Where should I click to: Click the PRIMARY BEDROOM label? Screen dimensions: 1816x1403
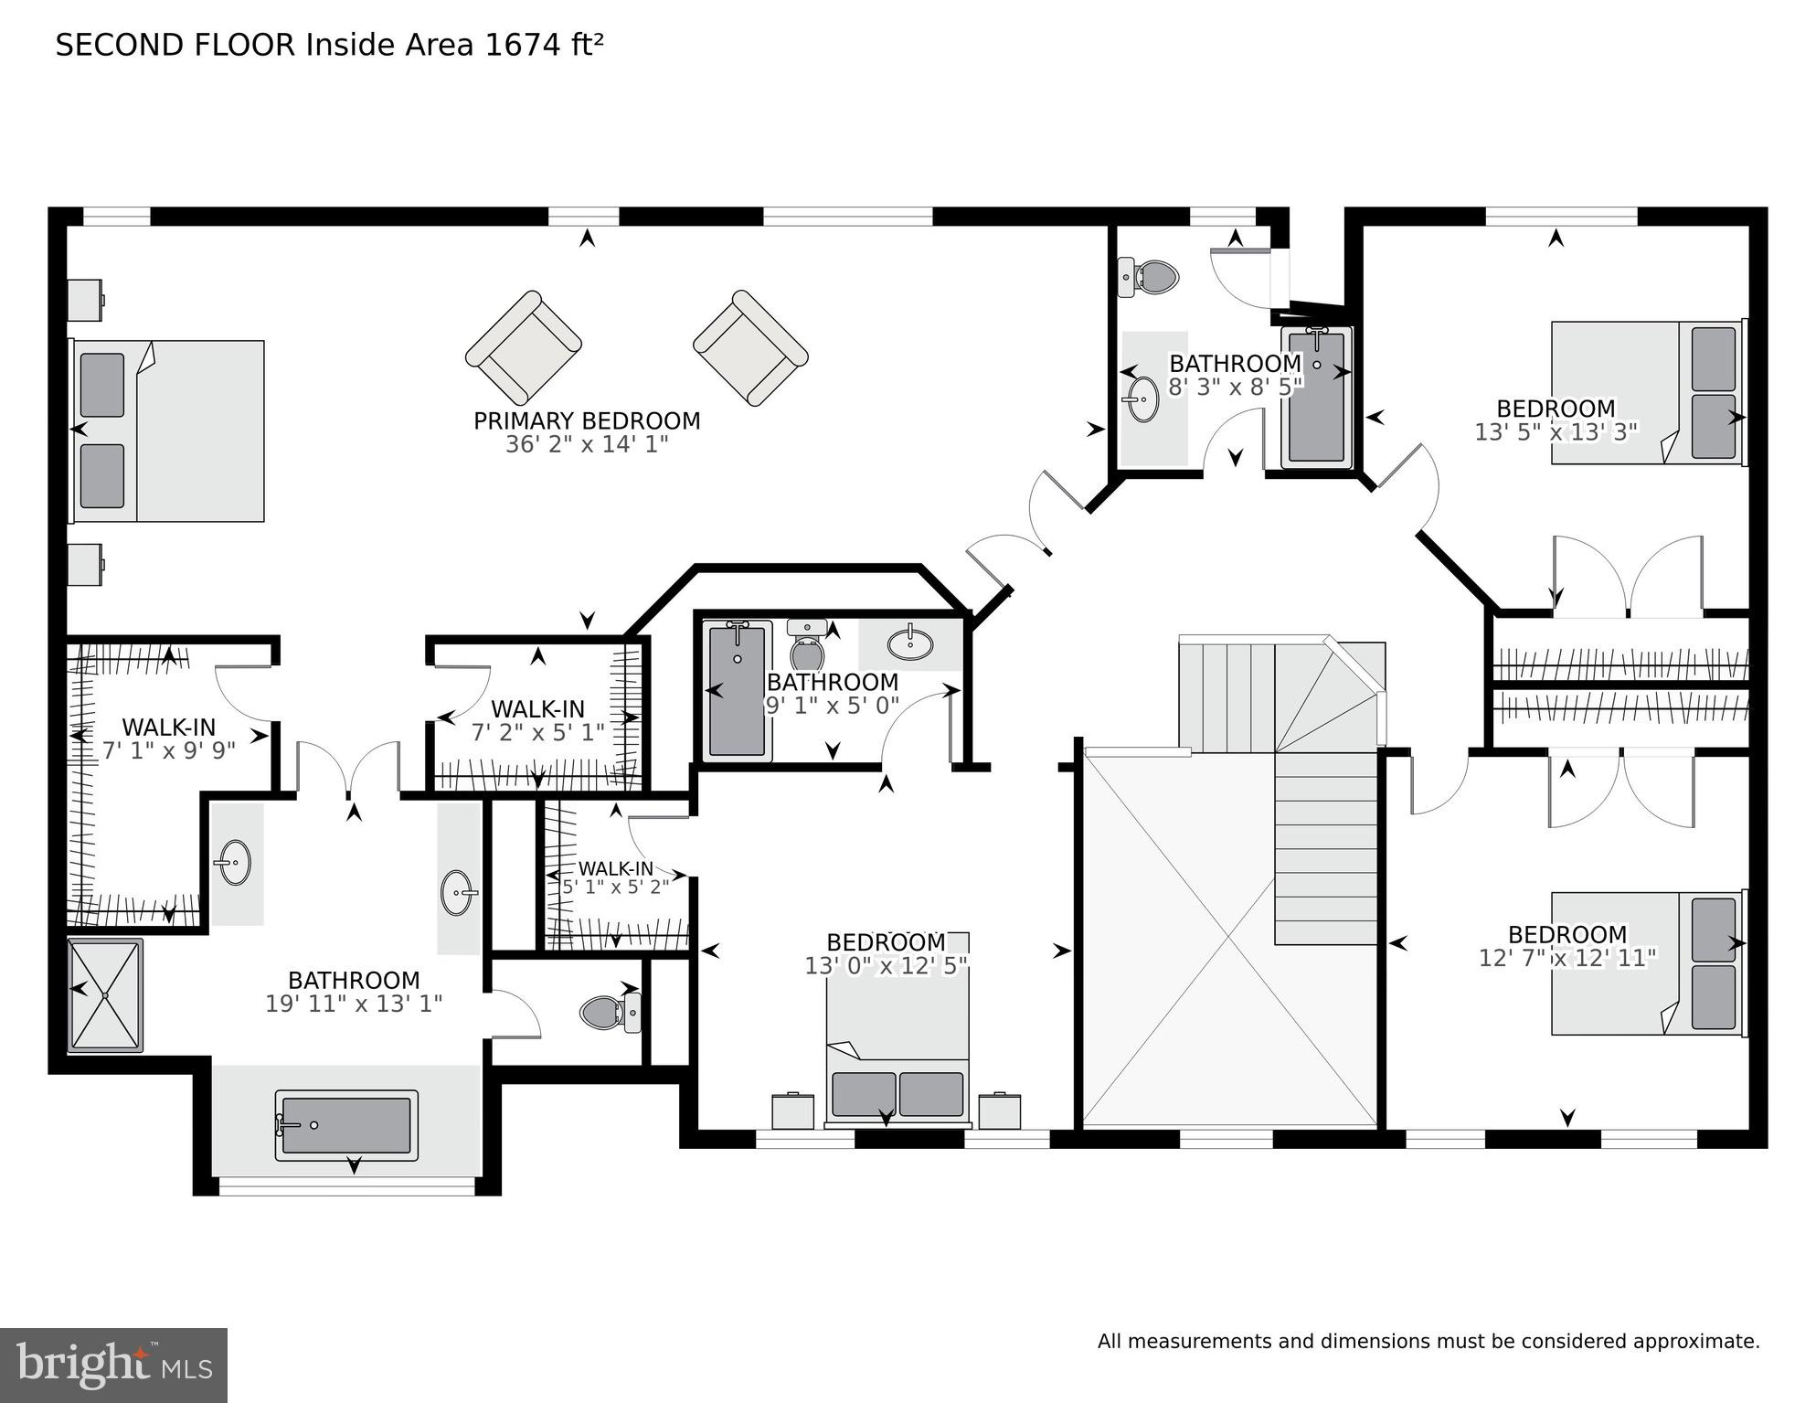tap(587, 421)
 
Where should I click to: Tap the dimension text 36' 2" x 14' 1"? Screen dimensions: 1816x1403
tap(587, 444)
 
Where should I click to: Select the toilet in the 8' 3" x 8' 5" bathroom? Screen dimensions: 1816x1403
tap(1148, 276)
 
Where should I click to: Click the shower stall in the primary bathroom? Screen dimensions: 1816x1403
tap(105, 994)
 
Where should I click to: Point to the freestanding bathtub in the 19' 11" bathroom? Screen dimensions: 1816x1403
tap(346, 1125)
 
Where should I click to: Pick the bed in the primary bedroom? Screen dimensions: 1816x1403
tap(168, 430)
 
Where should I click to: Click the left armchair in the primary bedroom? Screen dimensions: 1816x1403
tap(524, 348)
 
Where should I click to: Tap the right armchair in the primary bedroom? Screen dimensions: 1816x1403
tap(750, 348)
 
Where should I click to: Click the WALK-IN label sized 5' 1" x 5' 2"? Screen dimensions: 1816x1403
tap(616, 868)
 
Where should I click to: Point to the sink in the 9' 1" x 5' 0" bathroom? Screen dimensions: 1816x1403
tap(910, 643)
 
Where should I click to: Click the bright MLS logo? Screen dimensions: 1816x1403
tap(113, 1366)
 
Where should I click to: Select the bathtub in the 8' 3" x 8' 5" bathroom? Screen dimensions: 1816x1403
tap(1316, 397)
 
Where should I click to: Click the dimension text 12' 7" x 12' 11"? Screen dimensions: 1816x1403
tap(1567, 958)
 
